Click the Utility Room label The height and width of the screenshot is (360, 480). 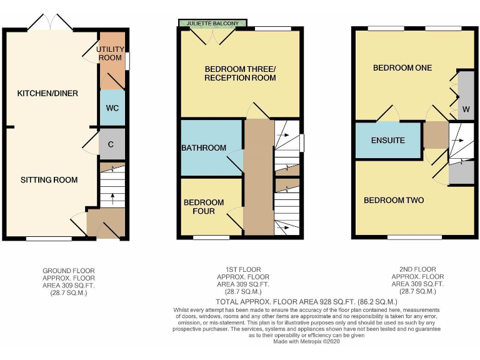(x=111, y=53)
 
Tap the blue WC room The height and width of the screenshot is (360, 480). (x=112, y=107)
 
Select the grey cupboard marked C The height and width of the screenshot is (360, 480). (x=111, y=144)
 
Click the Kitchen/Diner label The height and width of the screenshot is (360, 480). (x=47, y=94)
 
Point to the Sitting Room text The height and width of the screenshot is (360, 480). (x=49, y=180)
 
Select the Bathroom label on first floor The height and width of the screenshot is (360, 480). (x=204, y=148)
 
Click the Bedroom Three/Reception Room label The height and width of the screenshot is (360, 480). (x=240, y=73)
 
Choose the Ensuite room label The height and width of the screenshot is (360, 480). (x=387, y=141)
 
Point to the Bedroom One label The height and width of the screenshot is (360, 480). (x=402, y=67)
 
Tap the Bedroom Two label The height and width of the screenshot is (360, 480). (x=394, y=201)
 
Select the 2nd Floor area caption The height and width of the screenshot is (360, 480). (x=417, y=281)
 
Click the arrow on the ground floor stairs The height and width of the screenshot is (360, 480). (x=112, y=198)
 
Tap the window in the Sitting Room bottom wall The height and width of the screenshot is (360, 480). (x=49, y=238)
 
